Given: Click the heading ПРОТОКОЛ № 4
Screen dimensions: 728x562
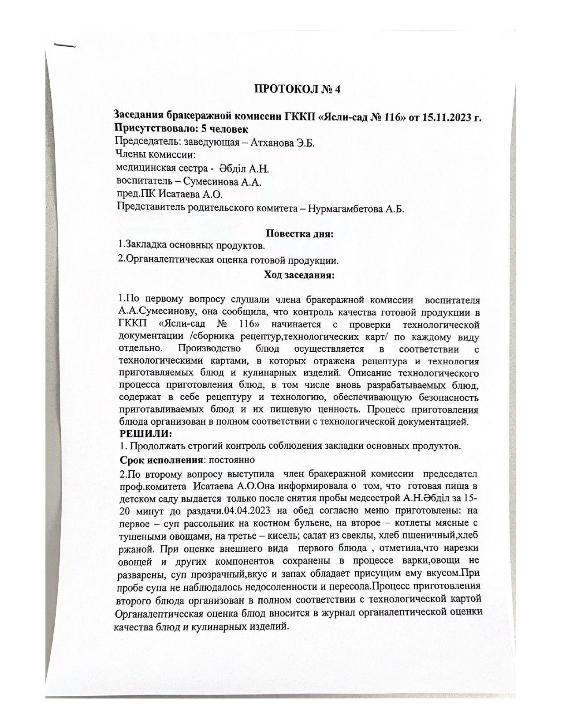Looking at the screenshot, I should (x=298, y=89).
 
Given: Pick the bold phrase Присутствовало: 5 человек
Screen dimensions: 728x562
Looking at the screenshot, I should (x=181, y=129).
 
